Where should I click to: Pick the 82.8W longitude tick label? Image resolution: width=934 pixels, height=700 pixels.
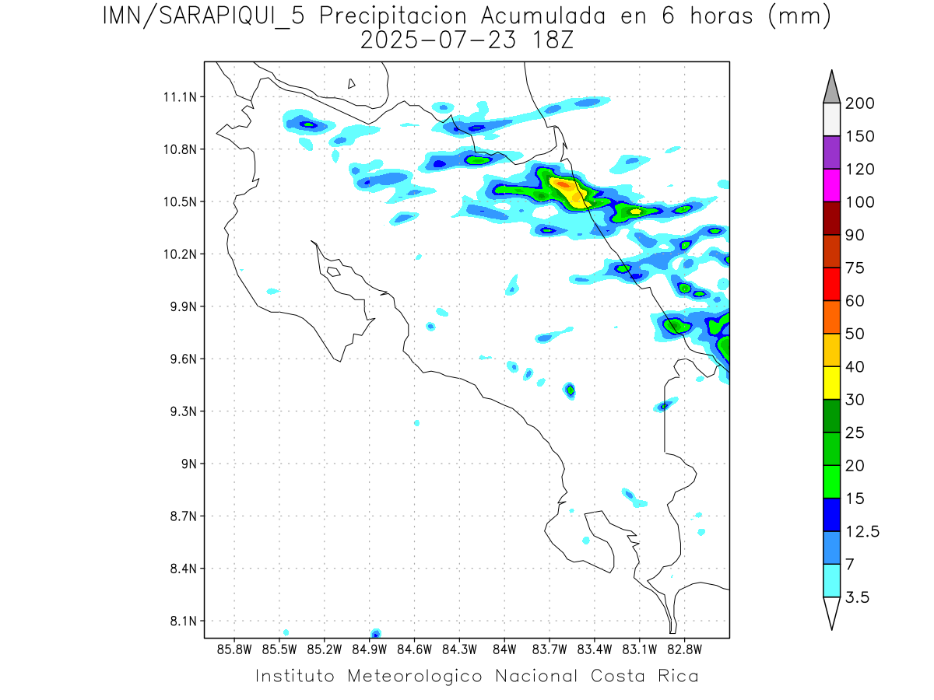click(x=684, y=648)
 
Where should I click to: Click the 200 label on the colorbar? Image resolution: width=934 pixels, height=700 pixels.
click(x=860, y=103)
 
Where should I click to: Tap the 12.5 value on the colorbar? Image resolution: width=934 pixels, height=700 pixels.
click(x=862, y=531)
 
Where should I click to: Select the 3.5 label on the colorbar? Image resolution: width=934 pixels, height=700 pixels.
click(x=858, y=597)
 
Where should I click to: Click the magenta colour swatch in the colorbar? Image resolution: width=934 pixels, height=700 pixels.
click(x=831, y=186)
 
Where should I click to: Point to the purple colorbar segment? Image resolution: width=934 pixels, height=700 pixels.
click(x=831, y=152)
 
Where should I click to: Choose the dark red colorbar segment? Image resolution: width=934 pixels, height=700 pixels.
click(x=831, y=219)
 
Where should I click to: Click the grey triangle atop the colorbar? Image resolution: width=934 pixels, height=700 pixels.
click(x=831, y=88)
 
